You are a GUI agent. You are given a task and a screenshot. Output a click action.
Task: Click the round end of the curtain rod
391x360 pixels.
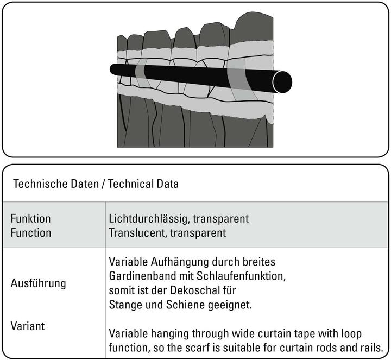pos(282,81)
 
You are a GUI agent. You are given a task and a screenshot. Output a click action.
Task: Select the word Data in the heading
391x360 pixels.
pos(167,184)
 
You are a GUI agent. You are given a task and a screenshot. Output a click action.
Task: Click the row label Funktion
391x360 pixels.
pos(31,219)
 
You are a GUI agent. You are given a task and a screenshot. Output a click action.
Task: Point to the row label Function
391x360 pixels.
pos(31,233)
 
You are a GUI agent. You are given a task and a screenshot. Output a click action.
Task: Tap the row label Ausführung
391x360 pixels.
pos(39,283)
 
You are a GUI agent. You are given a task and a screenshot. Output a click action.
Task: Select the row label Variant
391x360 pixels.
pos(28,326)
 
